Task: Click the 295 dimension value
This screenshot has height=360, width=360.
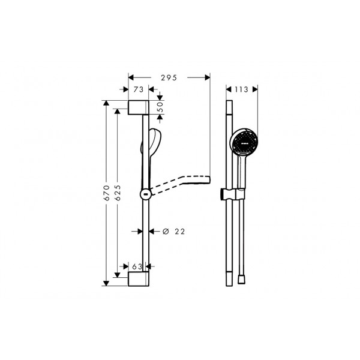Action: tap(169, 78)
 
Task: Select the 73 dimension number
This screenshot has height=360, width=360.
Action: tap(139, 89)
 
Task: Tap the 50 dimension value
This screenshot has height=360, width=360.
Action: tap(160, 107)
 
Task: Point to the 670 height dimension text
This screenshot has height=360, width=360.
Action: tap(107, 193)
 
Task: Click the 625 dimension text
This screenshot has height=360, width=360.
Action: tap(118, 193)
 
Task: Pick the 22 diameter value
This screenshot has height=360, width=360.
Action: tap(179, 232)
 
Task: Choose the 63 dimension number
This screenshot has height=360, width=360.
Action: tap(137, 266)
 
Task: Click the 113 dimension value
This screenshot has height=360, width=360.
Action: tap(241, 89)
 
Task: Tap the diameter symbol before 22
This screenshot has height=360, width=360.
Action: tap(166, 232)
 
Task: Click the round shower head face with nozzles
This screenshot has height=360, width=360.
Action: tap(245, 142)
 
